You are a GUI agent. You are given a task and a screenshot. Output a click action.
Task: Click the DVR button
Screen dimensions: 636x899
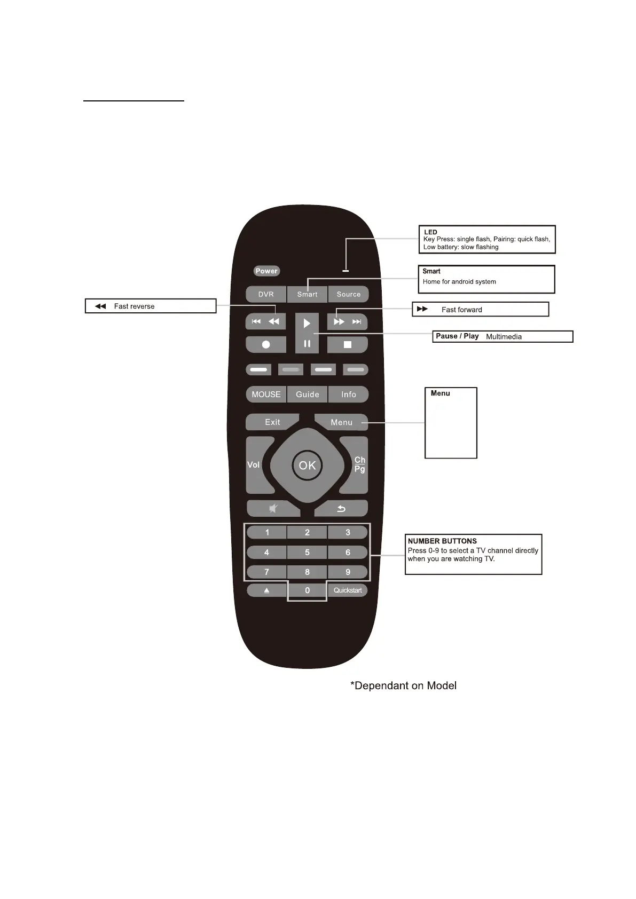point(266,294)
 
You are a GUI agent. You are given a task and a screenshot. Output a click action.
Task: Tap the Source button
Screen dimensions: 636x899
point(348,294)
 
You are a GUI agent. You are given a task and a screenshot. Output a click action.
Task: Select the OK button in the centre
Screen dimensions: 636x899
point(307,466)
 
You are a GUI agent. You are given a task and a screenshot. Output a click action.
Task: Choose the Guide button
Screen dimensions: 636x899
point(308,395)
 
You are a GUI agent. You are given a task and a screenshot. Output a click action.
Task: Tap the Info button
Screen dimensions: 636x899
point(349,395)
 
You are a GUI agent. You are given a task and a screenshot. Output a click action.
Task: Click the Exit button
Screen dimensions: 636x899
point(272,422)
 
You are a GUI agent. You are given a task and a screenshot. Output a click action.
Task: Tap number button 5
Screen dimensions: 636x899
point(307,553)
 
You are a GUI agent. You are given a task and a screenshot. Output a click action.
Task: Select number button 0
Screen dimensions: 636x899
point(307,590)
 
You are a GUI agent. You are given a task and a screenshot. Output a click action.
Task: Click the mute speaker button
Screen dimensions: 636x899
point(273,509)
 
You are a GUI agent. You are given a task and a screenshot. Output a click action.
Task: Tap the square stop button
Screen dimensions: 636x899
point(348,345)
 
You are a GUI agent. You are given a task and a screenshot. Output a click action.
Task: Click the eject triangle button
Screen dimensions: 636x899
point(266,590)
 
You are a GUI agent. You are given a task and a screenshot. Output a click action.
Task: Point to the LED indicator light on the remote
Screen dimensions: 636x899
point(346,271)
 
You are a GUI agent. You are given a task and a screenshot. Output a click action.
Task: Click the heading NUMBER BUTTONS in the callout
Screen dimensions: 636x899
point(442,541)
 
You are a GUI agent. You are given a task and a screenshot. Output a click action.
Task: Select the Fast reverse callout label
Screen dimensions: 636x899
point(134,306)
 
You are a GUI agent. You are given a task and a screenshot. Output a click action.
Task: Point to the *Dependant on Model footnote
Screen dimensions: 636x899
point(403,686)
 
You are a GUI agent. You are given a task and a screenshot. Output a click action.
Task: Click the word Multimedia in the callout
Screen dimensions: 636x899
point(504,337)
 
